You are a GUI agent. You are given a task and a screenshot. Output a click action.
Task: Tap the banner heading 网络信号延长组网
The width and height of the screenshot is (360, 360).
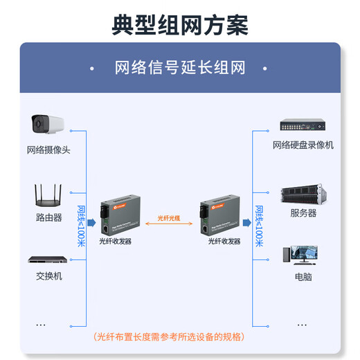pos(180,68)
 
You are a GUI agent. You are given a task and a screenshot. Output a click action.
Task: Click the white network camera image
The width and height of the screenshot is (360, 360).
pos(48,125)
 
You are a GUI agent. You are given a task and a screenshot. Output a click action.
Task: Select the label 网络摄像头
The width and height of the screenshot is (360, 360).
pos(48,150)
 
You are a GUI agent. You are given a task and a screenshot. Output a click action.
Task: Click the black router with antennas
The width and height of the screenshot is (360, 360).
pos(48,196)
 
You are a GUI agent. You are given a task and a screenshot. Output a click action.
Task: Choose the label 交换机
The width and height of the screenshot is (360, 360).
pos(48,276)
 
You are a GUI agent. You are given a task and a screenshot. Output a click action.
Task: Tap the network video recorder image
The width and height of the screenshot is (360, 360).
pos(303,125)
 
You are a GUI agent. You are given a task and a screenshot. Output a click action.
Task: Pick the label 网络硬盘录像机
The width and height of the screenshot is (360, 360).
pos(303,145)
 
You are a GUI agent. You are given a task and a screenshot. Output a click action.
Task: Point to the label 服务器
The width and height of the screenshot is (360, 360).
pos(303,213)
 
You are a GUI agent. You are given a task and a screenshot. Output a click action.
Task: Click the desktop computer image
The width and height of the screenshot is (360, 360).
pos(303,255)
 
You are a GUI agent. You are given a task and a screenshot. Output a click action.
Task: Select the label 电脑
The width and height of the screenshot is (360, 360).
pos(303,276)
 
